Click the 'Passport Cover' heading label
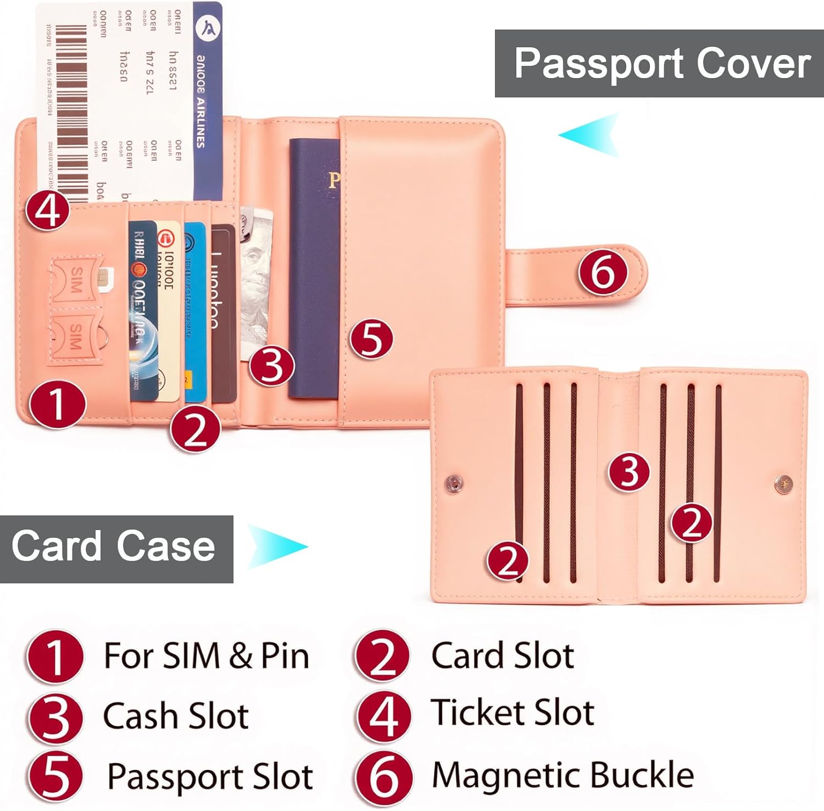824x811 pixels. pos(662,64)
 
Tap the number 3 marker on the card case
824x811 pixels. pos(629,472)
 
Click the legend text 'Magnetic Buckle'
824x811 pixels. pos(563,775)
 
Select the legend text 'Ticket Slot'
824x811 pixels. pos(512,713)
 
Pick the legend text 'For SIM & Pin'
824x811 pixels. pos(207,655)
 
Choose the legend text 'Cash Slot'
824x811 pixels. pos(176,716)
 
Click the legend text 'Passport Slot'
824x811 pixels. pos(210,776)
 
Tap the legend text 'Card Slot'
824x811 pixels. pos(503,655)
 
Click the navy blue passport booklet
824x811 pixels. pos(314,264)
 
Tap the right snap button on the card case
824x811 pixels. pos(783,484)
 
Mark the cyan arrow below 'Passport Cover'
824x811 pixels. pos(591,135)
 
